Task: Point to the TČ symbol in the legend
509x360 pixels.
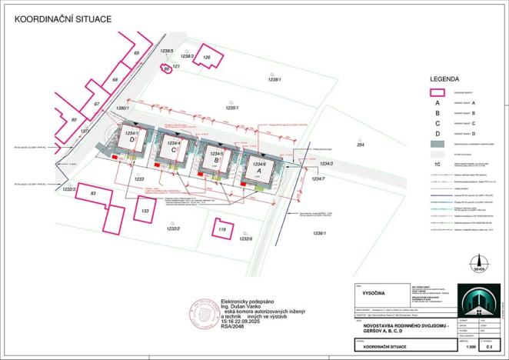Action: [x=437, y=165]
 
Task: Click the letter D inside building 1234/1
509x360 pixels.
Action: [x=133, y=140]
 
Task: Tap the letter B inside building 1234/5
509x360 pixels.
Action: [x=217, y=161]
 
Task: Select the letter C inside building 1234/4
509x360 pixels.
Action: [x=175, y=150]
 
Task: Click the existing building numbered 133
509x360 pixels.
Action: [x=144, y=208]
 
